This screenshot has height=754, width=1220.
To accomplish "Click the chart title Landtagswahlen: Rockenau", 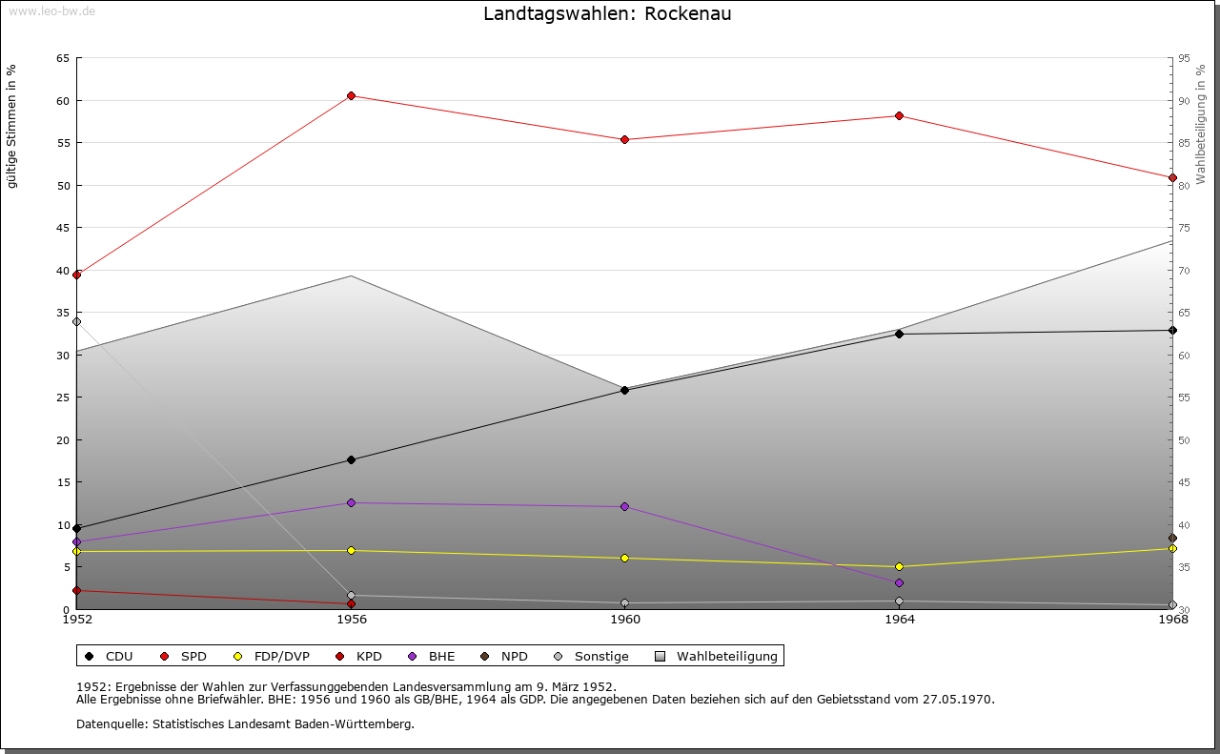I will (607, 14).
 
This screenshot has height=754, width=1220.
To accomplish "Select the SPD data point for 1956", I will (351, 96).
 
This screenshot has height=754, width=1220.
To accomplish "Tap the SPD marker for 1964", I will (899, 116).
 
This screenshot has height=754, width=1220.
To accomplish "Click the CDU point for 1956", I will (351, 460).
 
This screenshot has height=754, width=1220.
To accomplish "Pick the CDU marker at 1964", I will (899, 334).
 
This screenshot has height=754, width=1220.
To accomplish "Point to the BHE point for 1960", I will (624, 507).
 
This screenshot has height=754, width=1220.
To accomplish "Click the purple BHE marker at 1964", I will (899, 582).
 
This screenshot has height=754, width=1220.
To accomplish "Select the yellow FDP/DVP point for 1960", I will (624, 559).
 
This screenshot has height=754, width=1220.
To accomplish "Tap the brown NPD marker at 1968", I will (1172, 539).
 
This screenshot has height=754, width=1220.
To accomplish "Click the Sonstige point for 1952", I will (77, 321).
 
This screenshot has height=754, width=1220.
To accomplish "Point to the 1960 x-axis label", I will (625, 620).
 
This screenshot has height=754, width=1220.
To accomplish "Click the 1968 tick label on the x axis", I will (1172, 620).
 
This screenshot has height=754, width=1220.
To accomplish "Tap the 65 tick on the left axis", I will (63, 59).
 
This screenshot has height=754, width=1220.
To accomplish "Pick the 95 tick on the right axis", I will (1184, 59).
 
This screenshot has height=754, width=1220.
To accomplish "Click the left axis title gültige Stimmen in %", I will (12, 126).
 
